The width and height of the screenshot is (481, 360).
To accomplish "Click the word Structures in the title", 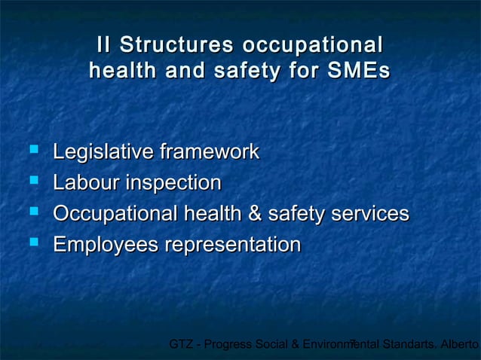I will click(174, 44).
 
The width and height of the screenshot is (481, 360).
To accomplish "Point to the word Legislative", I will click(99, 152).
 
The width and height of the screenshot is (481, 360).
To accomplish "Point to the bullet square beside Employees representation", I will click(32, 243).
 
